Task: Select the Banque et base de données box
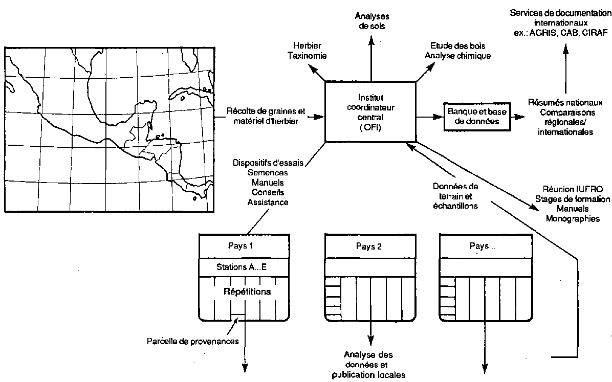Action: pyautogui.click(x=472, y=117)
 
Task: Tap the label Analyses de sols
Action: pyautogui.click(x=370, y=21)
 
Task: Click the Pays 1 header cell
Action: pyautogui.click(x=240, y=245)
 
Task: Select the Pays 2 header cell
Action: pyautogui.click(x=368, y=246)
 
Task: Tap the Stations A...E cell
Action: pyautogui.click(x=240, y=267)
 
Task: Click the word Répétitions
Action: pyautogui.click(x=247, y=291)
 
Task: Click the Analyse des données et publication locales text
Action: pyautogui.click(x=368, y=364)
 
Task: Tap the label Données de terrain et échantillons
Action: pyautogui.click(x=454, y=196)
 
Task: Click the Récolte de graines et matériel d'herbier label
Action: pyautogui.click(x=265, y=116)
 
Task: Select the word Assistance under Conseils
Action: pyautogui.click(x=268, y=202)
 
